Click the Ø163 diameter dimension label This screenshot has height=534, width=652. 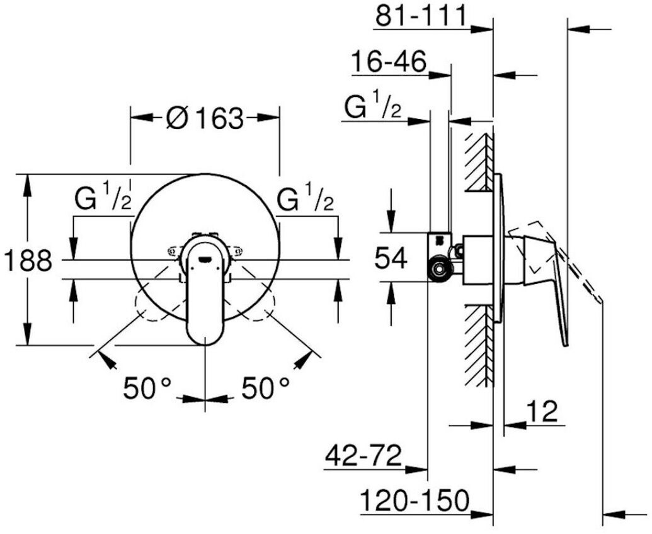click(205, 118)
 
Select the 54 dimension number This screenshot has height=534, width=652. click(390, 258)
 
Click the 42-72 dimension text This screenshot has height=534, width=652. click(363, 457)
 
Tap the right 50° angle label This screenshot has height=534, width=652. click(265, 388)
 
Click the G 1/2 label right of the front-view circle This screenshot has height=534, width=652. click(306, 200)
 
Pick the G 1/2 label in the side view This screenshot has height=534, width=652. click(372, 108)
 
